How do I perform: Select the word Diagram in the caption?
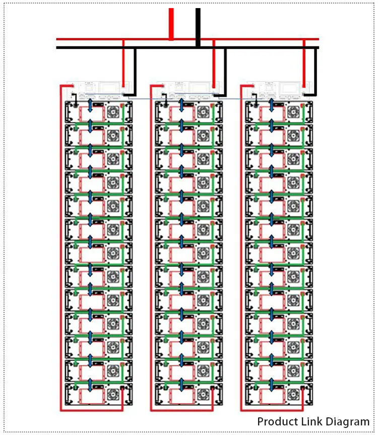pos(347,421)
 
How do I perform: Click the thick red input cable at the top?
pos(171,23)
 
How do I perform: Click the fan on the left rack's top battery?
pos(113,111)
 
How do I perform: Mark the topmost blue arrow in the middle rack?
pos(180,107)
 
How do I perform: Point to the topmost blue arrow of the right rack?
pos(271,107)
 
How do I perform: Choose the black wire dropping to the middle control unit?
pos(225,71)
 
